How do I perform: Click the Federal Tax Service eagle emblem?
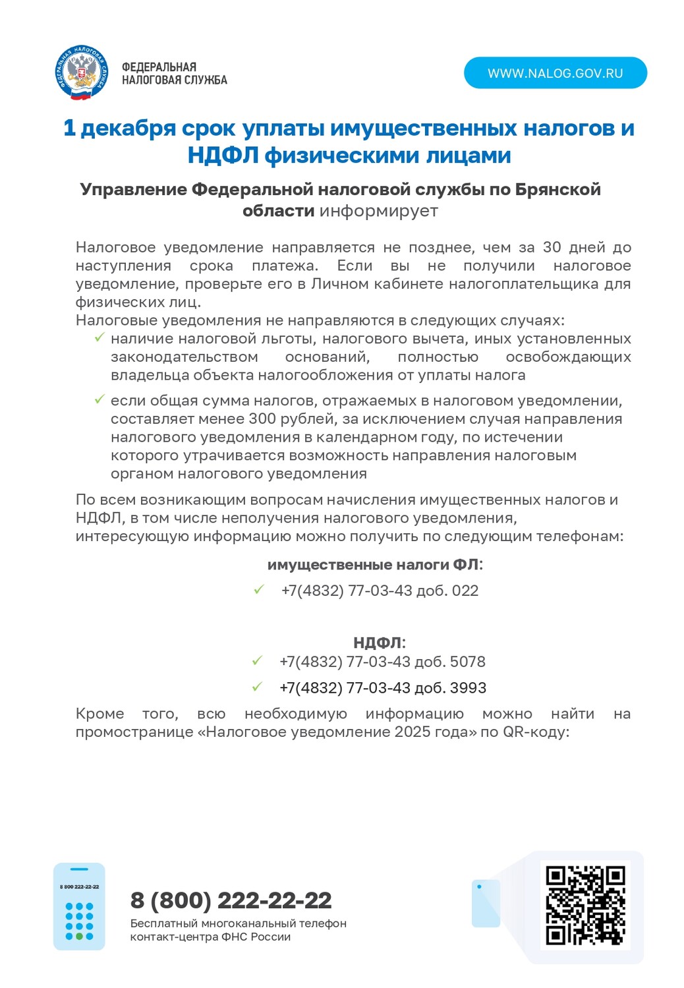81,73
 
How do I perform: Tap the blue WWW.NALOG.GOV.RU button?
555,73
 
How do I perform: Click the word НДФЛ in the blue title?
223,156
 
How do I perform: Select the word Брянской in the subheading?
557,190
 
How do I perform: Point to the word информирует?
378,211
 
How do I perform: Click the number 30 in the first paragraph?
552,248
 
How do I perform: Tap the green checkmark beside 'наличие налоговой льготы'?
100,338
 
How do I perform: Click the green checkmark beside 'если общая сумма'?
100,399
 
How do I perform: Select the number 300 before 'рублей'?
262,419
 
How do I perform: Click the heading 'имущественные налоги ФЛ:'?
375,565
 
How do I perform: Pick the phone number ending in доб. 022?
380,591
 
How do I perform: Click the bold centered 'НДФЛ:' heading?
379,643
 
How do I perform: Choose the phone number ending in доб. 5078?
382,662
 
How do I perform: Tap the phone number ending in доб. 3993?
383,688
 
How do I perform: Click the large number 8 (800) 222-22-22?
231,900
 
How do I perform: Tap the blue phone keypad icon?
79,906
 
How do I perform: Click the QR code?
585,904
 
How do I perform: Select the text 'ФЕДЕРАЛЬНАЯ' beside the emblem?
159,67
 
